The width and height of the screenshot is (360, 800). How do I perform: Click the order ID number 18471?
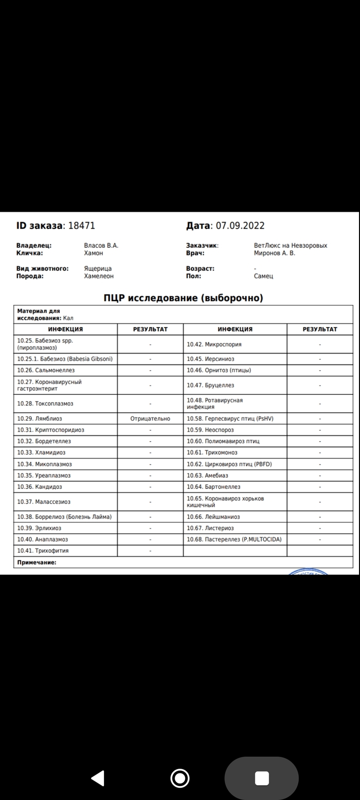pyautogui.click(x=82, y=226)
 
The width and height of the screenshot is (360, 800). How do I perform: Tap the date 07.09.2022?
pyautogui.click(x=240, y=226)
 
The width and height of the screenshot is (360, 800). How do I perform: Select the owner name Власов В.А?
pyautogui.click(x=101, y=246)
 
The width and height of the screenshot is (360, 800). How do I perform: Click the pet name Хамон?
pyautogui.click(x=94, y=253)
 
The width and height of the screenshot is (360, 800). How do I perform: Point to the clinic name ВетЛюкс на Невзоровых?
pyautogui.click(x=291, y=246)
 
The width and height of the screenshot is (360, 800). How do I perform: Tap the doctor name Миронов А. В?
pyautogui.click(x=275, y=253)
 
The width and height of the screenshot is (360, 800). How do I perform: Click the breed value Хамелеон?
pyautogui.click(x=99, y=276)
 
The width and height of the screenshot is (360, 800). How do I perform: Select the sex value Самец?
pyautogui.click(x=263, y=276)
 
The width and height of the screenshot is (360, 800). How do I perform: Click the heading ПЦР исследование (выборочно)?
pyautogui.click(x=183, y=298)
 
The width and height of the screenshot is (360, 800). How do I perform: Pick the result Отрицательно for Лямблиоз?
pyautogui.click(x=150, y=419)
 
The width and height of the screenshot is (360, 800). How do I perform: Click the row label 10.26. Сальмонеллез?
pyautogui.click(x=46, y=370)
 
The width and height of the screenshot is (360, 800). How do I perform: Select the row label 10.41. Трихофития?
pyautogui.click(x=43, y=551)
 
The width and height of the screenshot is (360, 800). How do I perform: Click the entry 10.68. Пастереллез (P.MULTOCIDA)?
pyautogui.click(x=234, y=539)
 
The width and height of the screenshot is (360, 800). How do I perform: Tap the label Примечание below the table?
pyautogui.click(x=37, y=562)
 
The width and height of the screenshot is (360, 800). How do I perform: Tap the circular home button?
pyautogui.click(x=179, y=778)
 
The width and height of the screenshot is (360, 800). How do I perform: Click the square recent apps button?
pyautogui.click(x=262, y=778)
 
